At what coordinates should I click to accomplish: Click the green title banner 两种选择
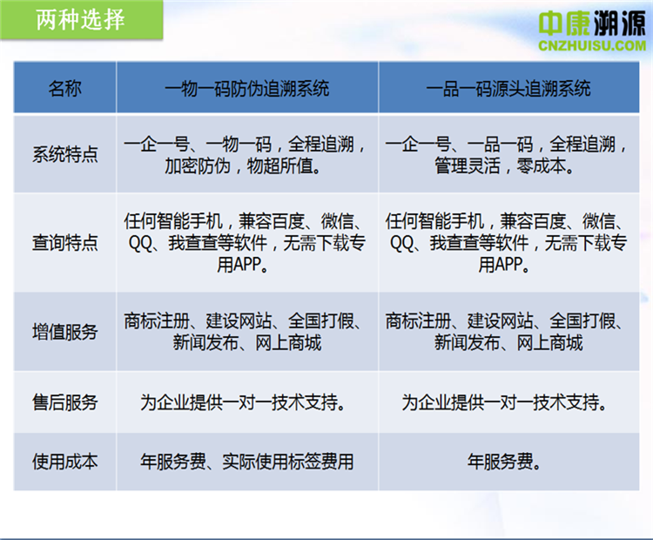81,19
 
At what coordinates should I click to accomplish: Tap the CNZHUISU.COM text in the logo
592,45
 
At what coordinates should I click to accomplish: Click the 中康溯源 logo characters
592,23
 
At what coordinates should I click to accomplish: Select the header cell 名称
65,88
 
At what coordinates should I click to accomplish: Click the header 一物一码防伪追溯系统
247,88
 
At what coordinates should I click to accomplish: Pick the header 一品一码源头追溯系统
508,88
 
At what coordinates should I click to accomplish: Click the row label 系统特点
65,154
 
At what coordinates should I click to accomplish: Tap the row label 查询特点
65,242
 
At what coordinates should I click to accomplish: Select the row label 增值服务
65,332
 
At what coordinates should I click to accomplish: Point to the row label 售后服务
65,402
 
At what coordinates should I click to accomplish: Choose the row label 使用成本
65,462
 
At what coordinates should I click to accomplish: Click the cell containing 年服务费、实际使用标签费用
247,462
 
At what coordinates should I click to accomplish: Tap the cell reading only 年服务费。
508,462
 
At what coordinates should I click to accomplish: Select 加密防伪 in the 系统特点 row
198,165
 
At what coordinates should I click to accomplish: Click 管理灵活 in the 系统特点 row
468,165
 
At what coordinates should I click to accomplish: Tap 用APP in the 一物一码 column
239,265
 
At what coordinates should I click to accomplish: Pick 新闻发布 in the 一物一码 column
205,343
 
